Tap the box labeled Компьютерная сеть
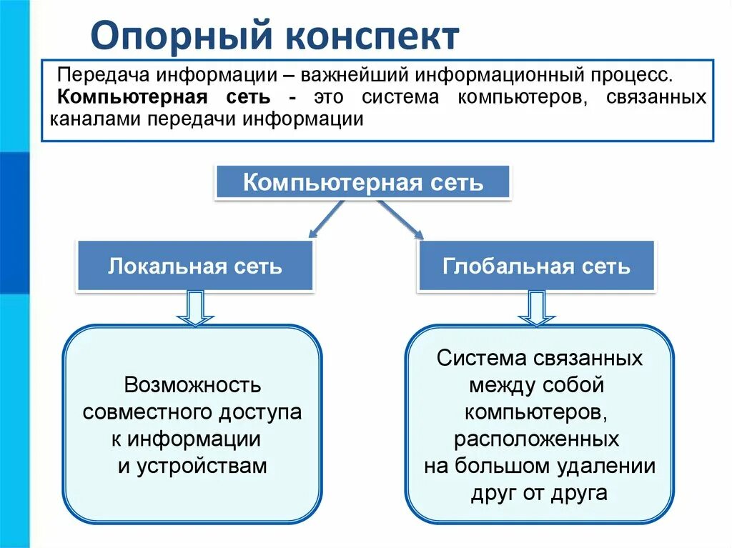tap(363, 183)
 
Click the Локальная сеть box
tap(195, 266)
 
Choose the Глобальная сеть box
tap(536, 266)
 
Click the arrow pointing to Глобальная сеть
tap(400, 219)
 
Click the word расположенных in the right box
tap(536, 439)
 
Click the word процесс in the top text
tap(631, 75)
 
